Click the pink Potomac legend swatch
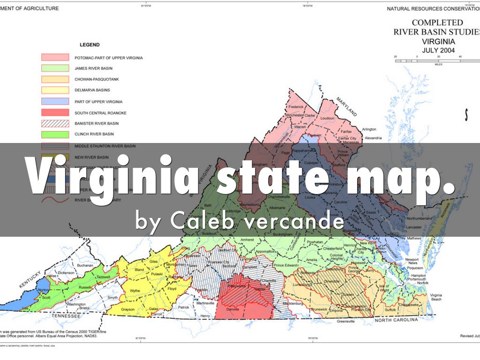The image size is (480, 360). click(55, 57)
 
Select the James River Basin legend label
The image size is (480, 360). click(93, 68)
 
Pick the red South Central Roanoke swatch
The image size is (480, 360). click(55, 113)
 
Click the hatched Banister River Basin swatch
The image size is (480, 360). click(55, 124)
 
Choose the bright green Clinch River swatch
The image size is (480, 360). click(55, 135)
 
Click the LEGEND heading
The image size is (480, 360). click(90, 45)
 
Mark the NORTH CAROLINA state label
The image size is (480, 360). click(396, 320)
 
